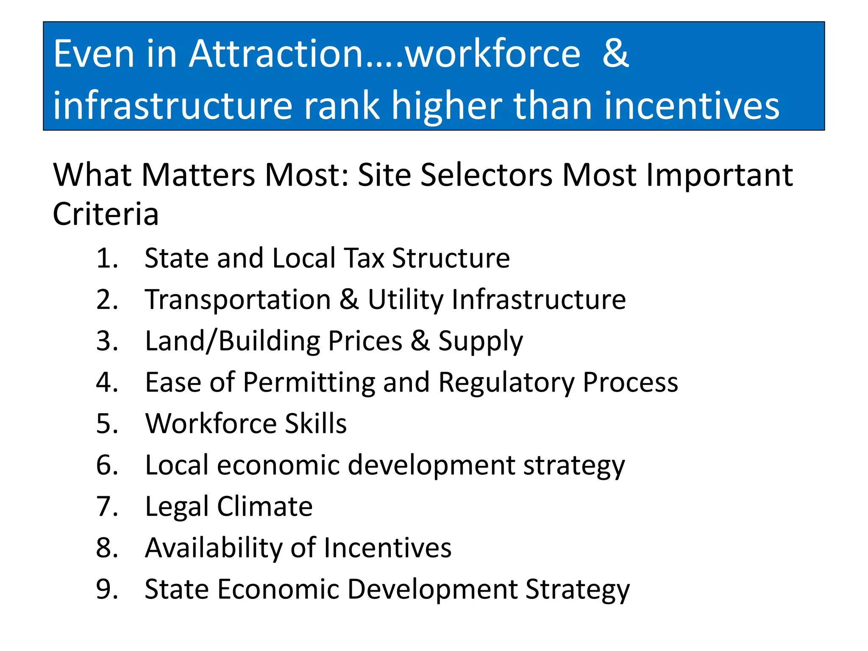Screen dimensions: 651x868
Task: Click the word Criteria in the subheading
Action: pos(106,214)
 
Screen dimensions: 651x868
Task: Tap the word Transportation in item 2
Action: pos(238,300)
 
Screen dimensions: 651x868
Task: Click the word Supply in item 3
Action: pos(481,341)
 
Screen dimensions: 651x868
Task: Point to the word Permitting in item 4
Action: pos(309,382)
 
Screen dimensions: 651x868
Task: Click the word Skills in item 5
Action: pos(316,423)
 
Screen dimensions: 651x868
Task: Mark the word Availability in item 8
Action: pos(214,548)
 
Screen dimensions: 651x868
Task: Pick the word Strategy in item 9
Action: pos(578,589)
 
